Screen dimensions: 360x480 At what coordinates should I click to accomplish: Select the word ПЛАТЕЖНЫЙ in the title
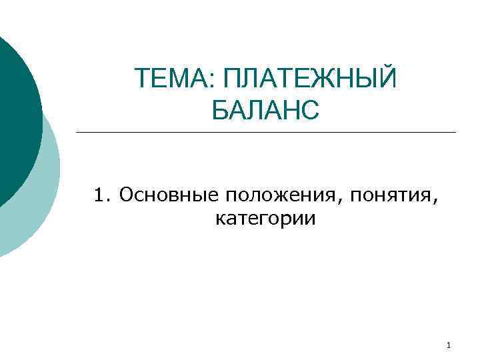point(310,81)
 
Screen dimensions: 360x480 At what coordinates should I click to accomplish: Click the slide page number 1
point(449,345)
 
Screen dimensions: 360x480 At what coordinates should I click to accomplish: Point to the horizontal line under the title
point(266,132)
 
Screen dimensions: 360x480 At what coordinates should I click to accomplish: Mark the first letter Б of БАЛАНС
point(221,110)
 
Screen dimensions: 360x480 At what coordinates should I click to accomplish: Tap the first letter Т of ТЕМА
point(142,81)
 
